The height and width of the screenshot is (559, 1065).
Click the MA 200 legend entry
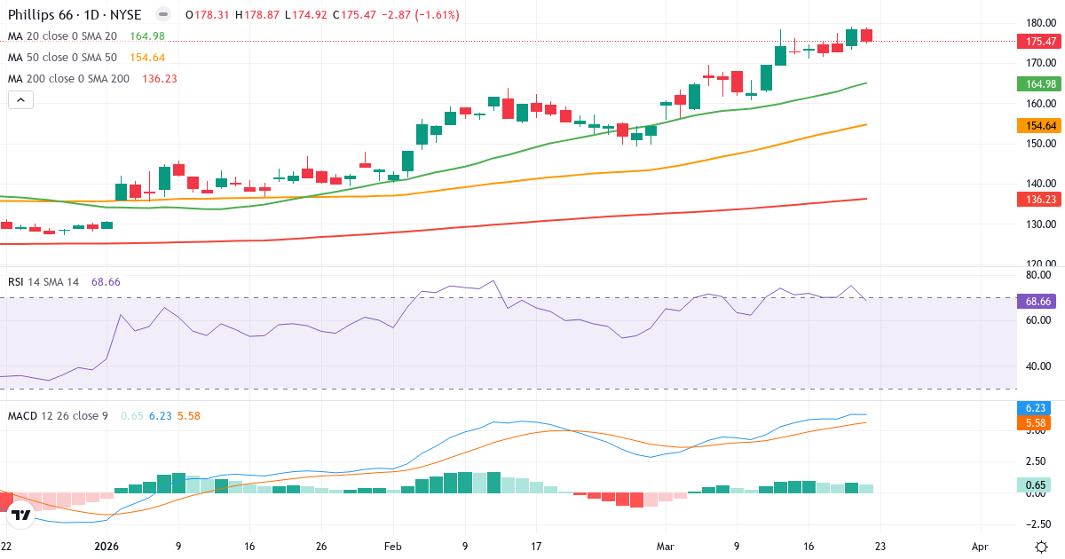(68, 78)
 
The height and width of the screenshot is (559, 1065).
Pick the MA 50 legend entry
(65, 57)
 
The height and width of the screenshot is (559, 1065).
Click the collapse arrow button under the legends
(20, 99)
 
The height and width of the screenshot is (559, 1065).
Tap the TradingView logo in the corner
(21, 515)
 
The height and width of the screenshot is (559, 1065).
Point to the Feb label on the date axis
(392, 547)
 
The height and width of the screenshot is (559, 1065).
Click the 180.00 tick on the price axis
(1040, 23)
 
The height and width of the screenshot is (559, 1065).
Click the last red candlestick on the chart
(867, 35)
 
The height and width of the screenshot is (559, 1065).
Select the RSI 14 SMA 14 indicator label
(43, 281)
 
